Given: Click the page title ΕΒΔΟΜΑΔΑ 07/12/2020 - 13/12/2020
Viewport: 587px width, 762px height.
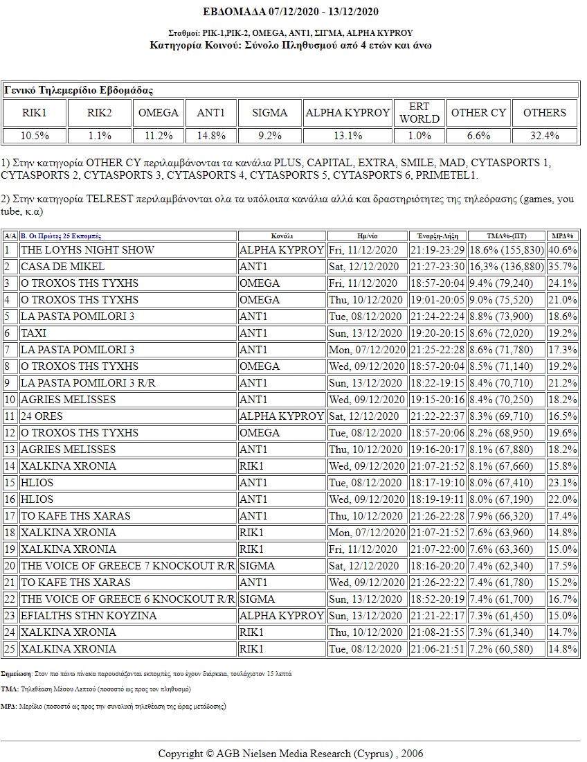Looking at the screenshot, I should point(291,12).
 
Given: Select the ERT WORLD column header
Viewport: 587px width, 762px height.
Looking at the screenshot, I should point(419,112).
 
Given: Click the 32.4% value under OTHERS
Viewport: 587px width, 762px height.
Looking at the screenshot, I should point(544,136).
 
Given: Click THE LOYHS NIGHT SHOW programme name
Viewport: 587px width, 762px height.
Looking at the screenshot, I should point(87,250).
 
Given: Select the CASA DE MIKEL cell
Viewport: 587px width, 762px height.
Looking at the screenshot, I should point(63,267).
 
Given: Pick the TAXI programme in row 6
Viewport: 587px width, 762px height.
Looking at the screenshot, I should point(34,333).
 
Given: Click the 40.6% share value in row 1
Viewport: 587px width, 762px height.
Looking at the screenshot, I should point(563,250).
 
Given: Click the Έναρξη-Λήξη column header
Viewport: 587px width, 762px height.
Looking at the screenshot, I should point(437,236).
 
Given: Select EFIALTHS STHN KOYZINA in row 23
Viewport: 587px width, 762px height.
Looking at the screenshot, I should point(89,616).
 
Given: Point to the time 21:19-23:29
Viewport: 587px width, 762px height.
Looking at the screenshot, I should point(437,250).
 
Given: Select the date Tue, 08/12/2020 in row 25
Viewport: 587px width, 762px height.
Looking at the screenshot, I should point(365,649).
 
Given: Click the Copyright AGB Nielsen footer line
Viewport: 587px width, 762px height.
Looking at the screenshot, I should point(291,754).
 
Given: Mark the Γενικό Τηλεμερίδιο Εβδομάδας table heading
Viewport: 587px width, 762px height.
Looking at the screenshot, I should point(79,90).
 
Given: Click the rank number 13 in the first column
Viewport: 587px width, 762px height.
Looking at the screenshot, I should point(10,450).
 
